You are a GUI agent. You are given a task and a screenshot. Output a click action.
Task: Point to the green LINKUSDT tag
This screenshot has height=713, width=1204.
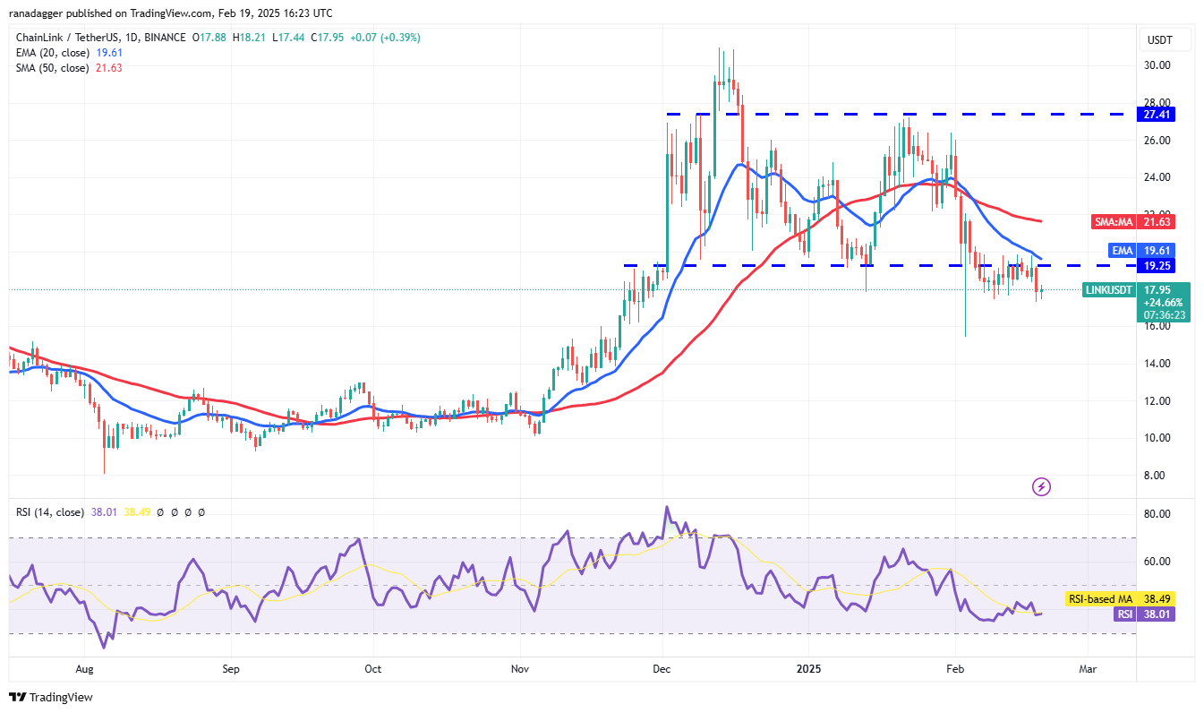click(x=1109, y=289)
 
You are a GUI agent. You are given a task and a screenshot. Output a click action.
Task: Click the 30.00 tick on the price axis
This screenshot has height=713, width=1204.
click(x=1158, y=65)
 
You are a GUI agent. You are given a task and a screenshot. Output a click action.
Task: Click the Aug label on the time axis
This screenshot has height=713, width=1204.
click(x=84, y=668)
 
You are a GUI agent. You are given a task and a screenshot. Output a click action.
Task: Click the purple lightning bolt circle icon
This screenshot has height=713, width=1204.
click(x=1041, y=487)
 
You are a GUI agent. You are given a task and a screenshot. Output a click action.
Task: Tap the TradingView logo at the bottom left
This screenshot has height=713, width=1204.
click(x=51, y=697)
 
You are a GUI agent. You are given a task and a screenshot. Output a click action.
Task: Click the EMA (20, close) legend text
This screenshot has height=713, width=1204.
click(x=52, y=53)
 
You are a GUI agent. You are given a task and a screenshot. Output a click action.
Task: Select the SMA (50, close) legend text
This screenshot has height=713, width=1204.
click(x=52, y=68)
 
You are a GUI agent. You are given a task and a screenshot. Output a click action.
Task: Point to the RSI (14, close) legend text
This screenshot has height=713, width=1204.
click(x=50, y=512)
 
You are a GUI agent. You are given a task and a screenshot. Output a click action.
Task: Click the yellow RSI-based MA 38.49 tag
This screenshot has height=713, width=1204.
click(x=1101, y=598)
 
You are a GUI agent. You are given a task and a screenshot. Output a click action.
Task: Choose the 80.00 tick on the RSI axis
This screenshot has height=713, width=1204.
click(x=1158, y=514)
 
